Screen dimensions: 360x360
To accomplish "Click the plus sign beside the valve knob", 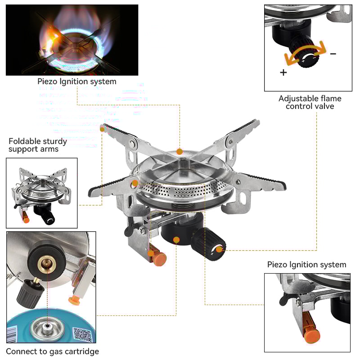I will coord(283,72).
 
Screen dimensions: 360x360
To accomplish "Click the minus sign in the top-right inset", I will coord(333,54).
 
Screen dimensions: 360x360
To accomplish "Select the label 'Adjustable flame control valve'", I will coord(310,102).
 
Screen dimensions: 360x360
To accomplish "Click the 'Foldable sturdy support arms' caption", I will coord(38,145).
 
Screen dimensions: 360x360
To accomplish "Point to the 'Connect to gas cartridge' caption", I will coord(52,351).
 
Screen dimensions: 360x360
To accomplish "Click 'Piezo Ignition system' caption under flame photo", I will coord(76,81).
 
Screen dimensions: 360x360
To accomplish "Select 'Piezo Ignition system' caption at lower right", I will coord(306,265).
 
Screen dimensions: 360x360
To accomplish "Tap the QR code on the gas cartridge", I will coord(82,335).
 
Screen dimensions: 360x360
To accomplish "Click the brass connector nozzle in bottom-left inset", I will coord(45,263).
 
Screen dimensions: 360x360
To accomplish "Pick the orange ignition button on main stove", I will coord(159,259).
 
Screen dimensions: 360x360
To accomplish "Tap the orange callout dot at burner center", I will coord(180,152).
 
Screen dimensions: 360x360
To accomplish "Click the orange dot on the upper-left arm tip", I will coord(103,129).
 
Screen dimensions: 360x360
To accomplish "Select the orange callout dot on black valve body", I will coord(176,240).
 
